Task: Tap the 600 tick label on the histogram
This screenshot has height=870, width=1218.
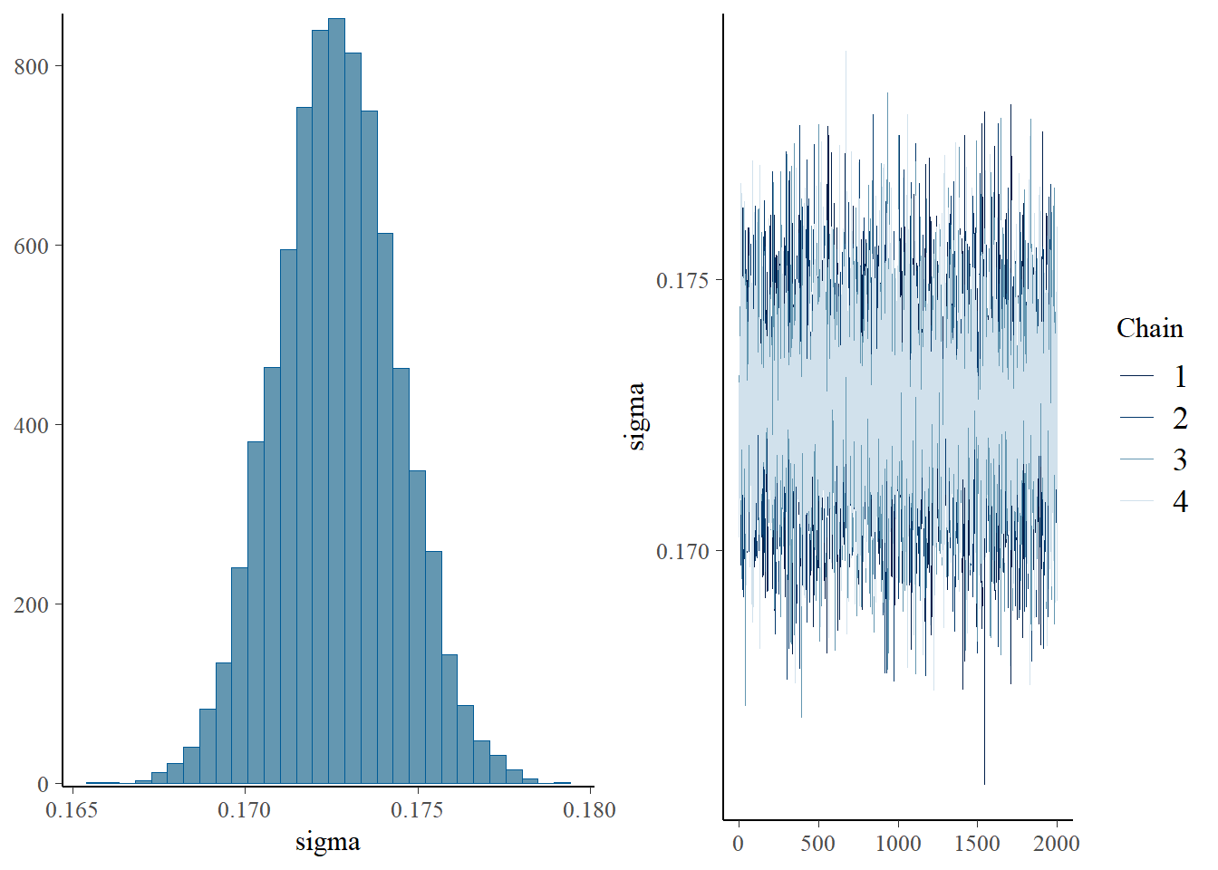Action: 32,246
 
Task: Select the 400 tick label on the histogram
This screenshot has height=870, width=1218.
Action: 32,425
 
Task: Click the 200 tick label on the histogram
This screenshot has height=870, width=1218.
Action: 32,604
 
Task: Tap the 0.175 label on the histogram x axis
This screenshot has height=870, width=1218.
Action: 417,809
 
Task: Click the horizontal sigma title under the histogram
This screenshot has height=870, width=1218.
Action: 327,842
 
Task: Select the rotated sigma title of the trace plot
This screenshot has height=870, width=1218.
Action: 636,416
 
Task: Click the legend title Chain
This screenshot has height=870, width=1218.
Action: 1149,328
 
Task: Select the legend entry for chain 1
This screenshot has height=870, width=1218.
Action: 1152,376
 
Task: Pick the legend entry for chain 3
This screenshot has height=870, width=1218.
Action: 1152,459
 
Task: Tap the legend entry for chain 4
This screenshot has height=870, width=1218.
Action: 1152,501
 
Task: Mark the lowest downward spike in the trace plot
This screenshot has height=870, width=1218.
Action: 984,781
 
